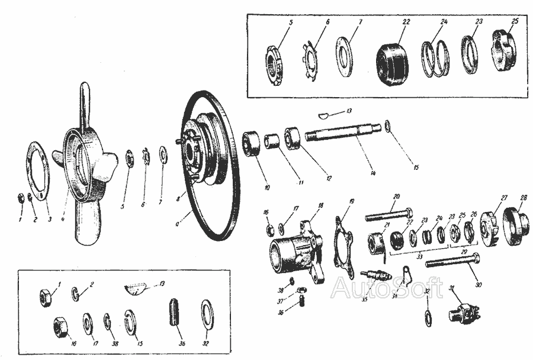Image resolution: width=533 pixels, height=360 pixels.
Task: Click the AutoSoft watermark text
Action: coord(386,288)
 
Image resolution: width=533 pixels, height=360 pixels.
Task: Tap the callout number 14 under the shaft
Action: coord(373,174)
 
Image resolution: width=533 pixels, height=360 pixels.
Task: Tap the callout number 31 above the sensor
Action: coord(452,288)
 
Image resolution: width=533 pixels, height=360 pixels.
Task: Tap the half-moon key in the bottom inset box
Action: coord(137,288)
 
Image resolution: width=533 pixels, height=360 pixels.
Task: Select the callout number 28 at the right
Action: coord(523,198)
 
